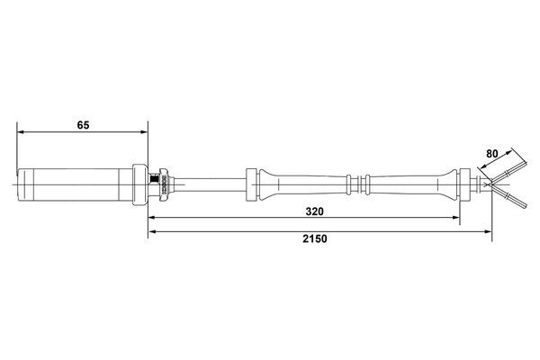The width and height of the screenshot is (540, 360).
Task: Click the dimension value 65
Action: coord(83,125)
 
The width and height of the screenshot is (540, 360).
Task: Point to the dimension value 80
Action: coord(492,153)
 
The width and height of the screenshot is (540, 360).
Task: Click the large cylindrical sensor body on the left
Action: coord(76,184)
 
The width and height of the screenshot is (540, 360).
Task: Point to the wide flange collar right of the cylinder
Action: coord(139,184)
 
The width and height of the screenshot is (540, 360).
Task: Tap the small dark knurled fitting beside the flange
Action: coord(164,184)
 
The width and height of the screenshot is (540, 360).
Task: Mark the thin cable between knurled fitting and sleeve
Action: coord(211,185)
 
